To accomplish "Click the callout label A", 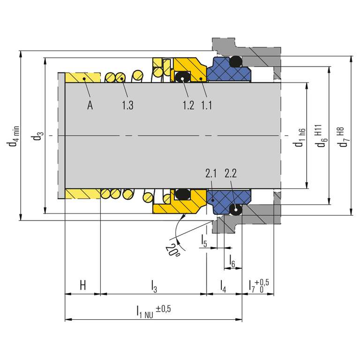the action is (x=90, y=105).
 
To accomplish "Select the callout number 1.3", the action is (x=127, y=105).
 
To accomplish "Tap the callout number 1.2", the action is (x=188, y=105).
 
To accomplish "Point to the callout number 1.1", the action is (x=207, y=105).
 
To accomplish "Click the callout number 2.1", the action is (x=211, y=173).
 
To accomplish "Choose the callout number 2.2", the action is (x=231, y=173).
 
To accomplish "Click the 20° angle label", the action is (x=172, y=250).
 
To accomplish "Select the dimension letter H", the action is (x=83, y=285).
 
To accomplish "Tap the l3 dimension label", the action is (x=154, y=286).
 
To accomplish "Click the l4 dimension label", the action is (x=223, y=286).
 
